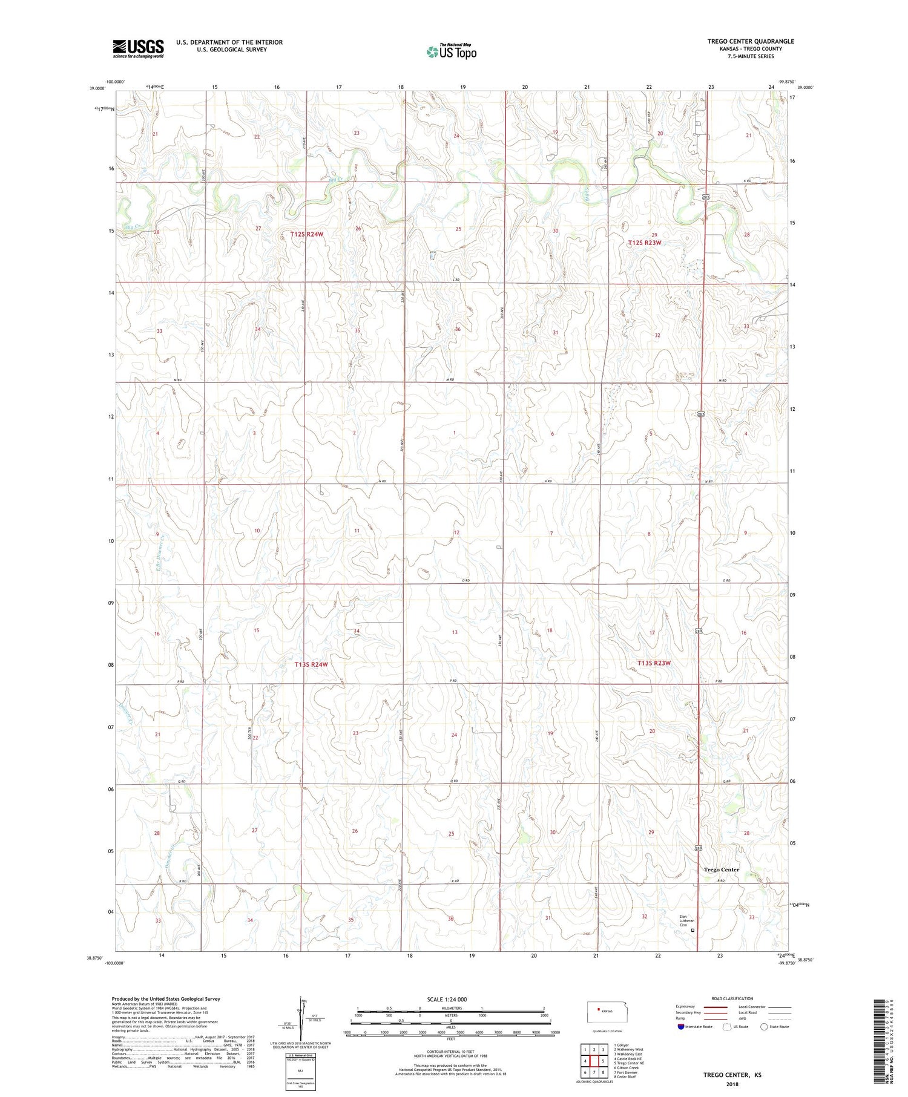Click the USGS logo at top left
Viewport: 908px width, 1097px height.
(138, 48)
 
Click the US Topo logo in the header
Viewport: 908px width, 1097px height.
(451, 51)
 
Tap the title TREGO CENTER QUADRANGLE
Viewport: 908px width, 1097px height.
(750, 41)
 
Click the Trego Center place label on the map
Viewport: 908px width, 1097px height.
(721, 869)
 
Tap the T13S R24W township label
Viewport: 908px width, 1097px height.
(311, 664)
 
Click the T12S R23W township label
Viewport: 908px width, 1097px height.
(644, 243)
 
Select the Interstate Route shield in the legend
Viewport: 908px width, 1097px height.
(681, 1027)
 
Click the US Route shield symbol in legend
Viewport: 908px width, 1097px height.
(728, 1027)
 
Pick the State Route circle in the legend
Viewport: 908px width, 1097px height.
(764, 1027)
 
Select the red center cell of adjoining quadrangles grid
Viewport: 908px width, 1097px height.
(594, 1061)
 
